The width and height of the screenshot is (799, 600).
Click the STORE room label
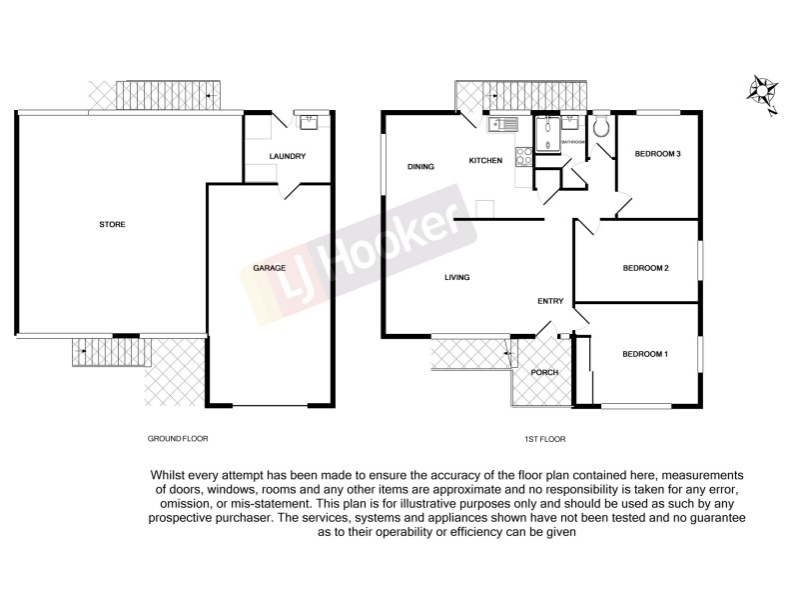pos(112,225)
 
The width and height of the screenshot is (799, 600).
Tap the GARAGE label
pos(270,268)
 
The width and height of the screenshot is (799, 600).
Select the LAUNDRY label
pos(288,157)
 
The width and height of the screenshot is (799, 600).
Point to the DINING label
pos(420,167)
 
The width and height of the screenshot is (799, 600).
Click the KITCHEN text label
pos(484,161)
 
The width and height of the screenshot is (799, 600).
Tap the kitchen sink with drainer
pos(499,125)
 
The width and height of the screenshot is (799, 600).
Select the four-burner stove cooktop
pos(522,157)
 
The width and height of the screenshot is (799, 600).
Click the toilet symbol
pos(601,128)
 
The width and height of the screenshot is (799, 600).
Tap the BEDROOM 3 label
pos(658,154)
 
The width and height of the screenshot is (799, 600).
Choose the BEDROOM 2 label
pos(644,268)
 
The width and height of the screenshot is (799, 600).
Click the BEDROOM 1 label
pos(644,355)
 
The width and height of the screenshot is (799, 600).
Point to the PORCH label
pos(544,373)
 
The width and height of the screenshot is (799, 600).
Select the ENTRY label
pos(550,301)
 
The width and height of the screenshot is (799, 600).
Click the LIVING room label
pos(456,277)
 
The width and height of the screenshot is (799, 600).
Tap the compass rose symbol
pos(765,93)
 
